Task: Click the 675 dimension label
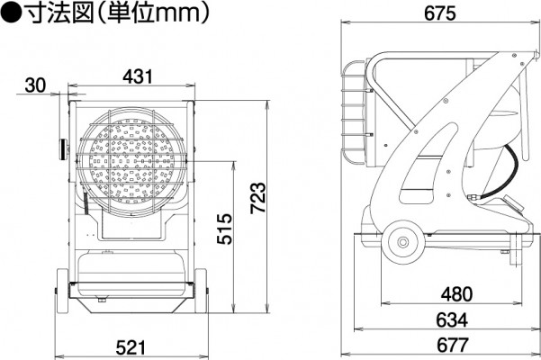coord(440,13)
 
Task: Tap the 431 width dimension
coord(138,76)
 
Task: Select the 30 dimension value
coord(35,85)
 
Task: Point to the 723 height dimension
coord(258,197)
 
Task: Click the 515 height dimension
coord(225,229)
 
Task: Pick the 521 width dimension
coord(131,347)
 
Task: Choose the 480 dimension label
coord(456,293)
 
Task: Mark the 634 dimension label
coord(452,319)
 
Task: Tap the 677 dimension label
coord(453,345)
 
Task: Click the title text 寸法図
coord(60,13)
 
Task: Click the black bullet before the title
coord(12,13)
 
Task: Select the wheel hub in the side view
coord(402,242)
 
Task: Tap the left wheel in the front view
coord(62,291)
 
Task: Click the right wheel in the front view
coord(201,291)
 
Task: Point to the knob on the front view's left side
coord(63,149)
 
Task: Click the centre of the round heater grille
coord(131,161)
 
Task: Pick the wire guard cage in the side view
coord(354,112)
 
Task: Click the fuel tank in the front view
coord(131,274)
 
